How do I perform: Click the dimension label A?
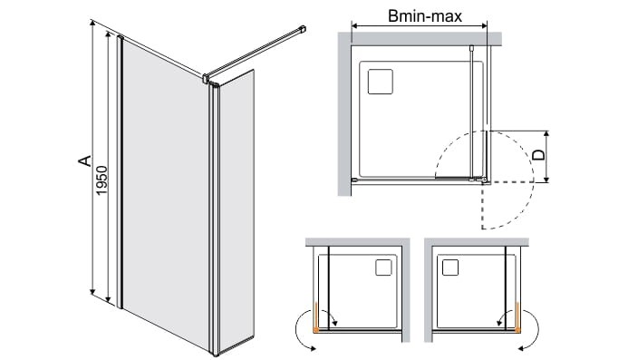[x=84, y=161]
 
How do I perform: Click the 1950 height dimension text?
[x=102, y=180]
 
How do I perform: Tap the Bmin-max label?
[x=425, y=16]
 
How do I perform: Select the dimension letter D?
[x=540, y=155]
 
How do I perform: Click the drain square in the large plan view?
[x=380, y=82]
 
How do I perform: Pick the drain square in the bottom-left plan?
[x=383, y=268]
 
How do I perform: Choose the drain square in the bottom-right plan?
[x=450, y=268]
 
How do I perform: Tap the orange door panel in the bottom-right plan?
[x=517, y=317]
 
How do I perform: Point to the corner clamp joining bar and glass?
[x=207, y=78]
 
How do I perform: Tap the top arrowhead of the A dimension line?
[x=93, y=24]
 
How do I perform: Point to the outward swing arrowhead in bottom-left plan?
[x=313, y=348]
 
